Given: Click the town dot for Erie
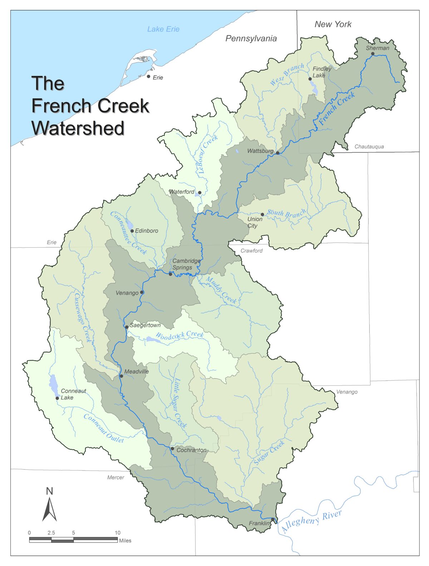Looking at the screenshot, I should (149, 76).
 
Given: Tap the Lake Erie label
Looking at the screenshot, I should (163, 29).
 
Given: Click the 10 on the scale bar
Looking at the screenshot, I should (118, 533).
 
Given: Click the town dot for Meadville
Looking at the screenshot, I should (121, 376).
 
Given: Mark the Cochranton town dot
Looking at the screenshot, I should (172, 448).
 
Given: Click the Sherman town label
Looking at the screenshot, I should (378, 48).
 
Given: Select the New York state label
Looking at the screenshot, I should (333, 24).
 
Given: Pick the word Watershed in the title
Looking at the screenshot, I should (78, 128).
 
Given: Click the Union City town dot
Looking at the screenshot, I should (262, 215).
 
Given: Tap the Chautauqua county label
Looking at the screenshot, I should (369, 147).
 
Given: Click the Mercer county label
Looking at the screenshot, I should (115, 477).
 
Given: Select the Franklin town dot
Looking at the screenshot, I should (272, 519).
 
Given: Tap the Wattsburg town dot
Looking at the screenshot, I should (277, 153).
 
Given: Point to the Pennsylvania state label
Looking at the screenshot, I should (251, 39).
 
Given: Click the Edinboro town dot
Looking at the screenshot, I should (132, 231).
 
